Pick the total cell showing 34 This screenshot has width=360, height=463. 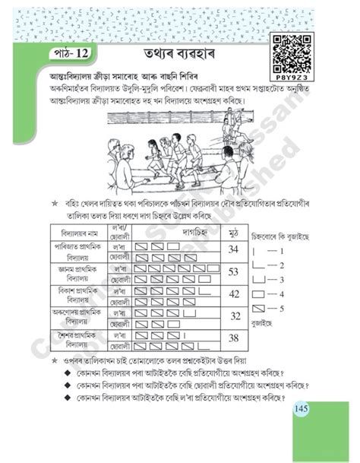point(235,251)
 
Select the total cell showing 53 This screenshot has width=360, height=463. point(235,272)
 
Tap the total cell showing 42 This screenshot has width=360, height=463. point(235,294)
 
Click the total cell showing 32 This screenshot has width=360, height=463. point(235,316)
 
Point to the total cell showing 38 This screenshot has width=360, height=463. point(235,338)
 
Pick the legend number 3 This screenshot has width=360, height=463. point(281,280)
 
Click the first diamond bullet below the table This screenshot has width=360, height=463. point(69,375)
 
